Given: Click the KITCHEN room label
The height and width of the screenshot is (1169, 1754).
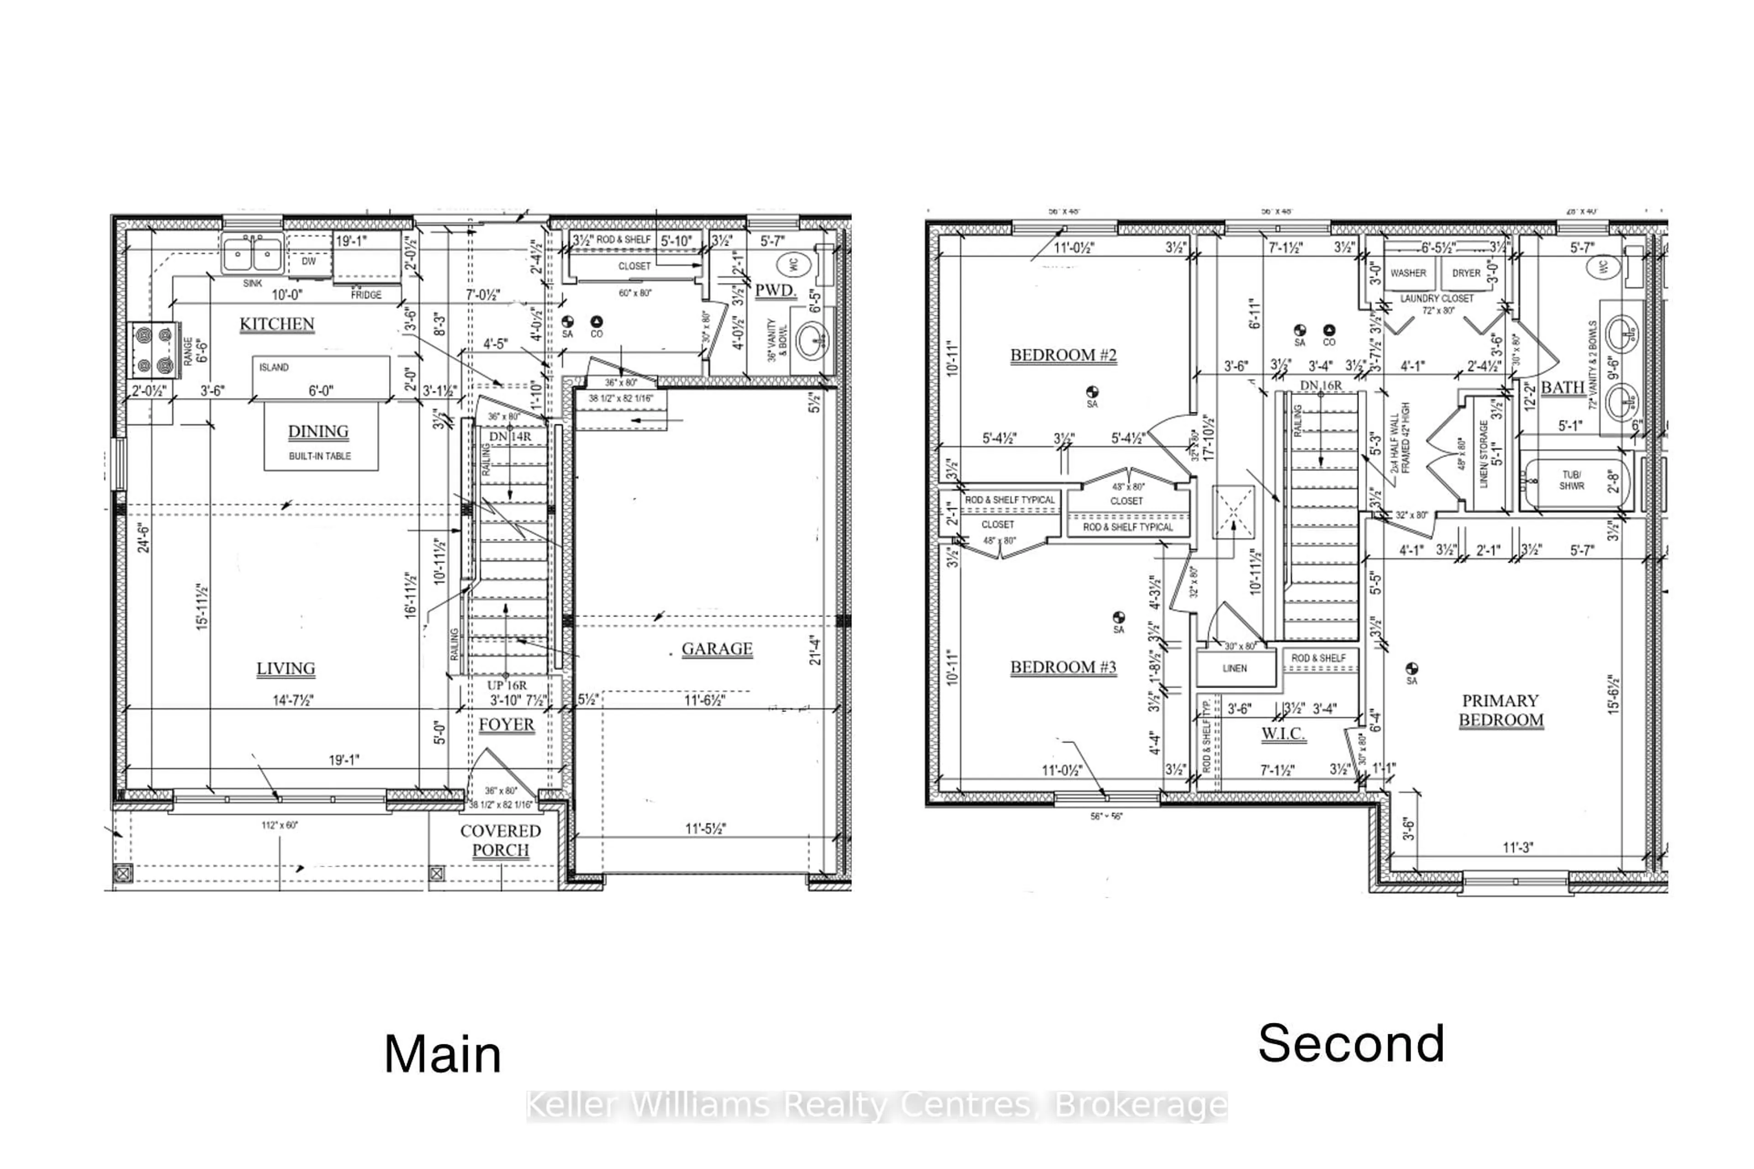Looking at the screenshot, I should point(277,324).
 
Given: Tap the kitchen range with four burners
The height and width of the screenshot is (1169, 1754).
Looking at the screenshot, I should point(153,350).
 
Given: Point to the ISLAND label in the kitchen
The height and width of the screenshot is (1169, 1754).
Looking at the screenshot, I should point(274,368).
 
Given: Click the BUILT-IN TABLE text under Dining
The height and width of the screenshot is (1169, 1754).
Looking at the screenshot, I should point(320,456).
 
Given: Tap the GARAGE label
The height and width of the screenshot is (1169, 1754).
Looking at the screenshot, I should point(717,648).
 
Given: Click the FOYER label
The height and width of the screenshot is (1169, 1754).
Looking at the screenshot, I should point(507,725).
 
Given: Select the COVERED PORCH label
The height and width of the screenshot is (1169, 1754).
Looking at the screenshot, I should point(501,840).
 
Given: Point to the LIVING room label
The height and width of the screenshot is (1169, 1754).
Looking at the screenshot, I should point(285,669).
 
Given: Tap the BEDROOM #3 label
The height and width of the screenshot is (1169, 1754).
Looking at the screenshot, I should point(1063,667).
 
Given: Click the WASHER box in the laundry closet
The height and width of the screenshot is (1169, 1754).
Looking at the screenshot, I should point(1408,274).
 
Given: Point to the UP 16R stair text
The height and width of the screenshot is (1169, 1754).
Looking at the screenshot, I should point(507,685).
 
